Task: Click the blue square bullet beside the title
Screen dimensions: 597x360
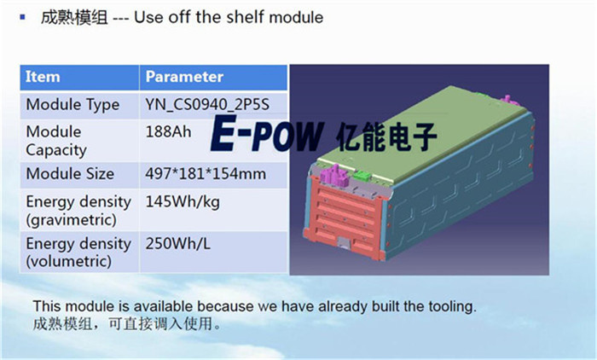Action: coord(22,17)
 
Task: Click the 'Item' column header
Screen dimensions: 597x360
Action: coord(43,77)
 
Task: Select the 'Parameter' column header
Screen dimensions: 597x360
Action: coord(184,77)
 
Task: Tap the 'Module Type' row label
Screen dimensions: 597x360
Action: coord(72,105)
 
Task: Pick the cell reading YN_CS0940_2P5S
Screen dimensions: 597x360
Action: coord(207,105)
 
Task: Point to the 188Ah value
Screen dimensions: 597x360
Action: coord(168,132)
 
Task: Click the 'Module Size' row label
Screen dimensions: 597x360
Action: coord(70,174)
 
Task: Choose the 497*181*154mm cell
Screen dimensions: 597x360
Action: coord(206,174)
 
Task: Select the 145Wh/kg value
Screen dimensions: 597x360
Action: coord(183,202)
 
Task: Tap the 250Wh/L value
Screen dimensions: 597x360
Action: coord(177,244)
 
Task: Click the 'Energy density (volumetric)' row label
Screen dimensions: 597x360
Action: coord(78,253)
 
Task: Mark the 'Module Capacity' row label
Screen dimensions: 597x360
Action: coord(56,141)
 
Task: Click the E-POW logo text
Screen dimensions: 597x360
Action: coord(267,133)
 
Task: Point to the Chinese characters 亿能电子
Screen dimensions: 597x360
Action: coord(386,136)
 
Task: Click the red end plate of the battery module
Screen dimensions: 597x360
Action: coord(343,218)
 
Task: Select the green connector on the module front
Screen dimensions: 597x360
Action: coord(362,176)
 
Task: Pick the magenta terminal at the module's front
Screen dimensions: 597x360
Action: coord(335,175)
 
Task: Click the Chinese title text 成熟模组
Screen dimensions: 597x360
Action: coord(74,18)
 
